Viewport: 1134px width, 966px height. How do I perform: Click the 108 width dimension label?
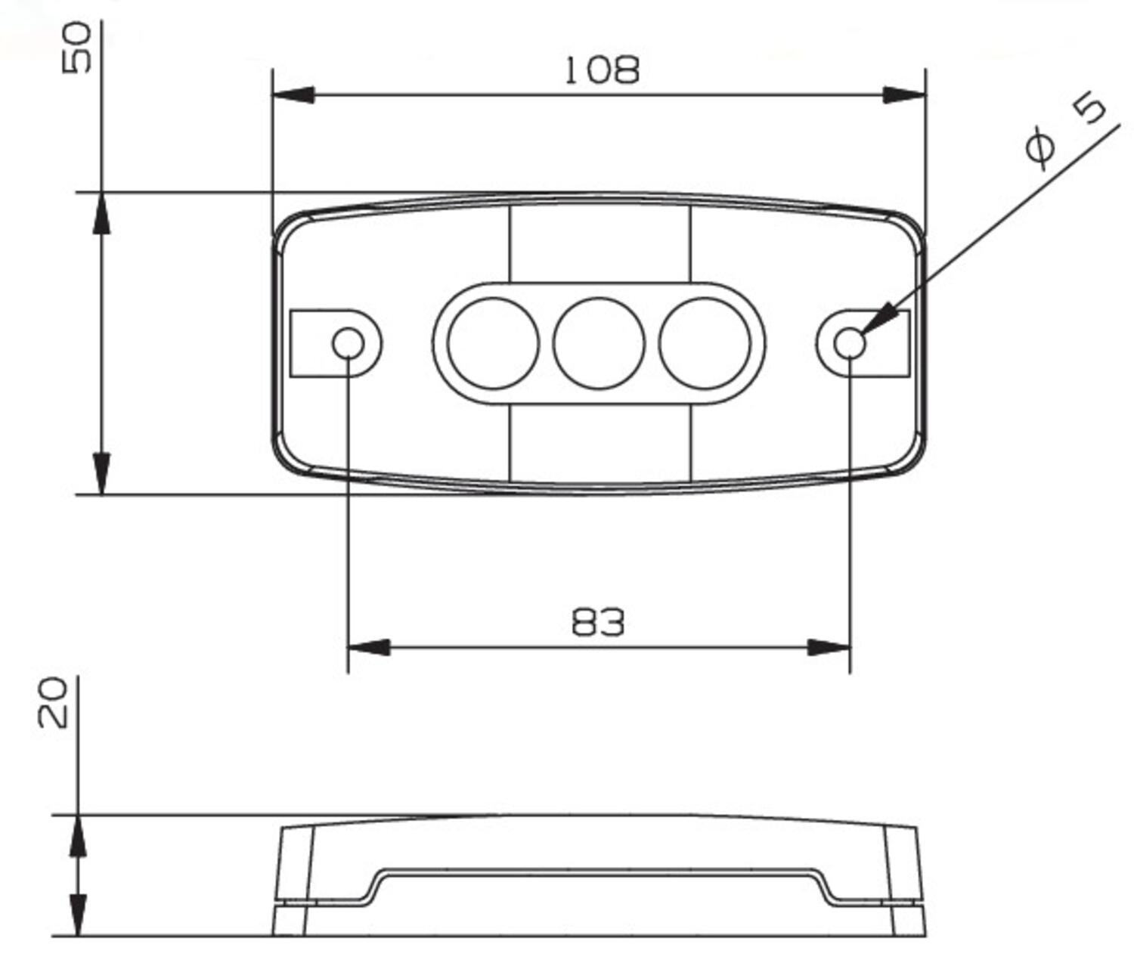click(x=602, y=70)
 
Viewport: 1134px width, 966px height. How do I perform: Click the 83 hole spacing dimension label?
click(x=597, y=622)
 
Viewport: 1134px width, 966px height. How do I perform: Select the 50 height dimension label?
click(x=77, y=48)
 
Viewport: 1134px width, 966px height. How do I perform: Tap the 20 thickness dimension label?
click(x=53, y=702)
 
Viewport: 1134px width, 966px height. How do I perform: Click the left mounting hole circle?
click(x=348, y=343)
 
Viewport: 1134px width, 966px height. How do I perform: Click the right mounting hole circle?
click(x=850, y=343)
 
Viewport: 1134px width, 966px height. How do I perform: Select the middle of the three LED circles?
click(x=598, y=343)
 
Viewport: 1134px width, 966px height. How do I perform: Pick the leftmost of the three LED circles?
click(x=493, y=343)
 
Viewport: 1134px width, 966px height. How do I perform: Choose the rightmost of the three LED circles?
click(x=704, y=343)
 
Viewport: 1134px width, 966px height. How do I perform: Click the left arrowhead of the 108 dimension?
click(x=293, y=95)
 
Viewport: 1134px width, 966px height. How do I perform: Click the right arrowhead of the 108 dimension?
click(x=904, y=95)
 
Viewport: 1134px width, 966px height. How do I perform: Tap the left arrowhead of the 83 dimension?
click(x=368, y=648)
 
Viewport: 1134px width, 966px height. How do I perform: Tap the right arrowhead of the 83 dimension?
click(x=829, y=648)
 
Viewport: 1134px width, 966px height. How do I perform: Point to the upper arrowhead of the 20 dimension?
click(x=78, y=836)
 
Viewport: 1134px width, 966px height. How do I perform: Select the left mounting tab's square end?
click(x=310, y=343)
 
